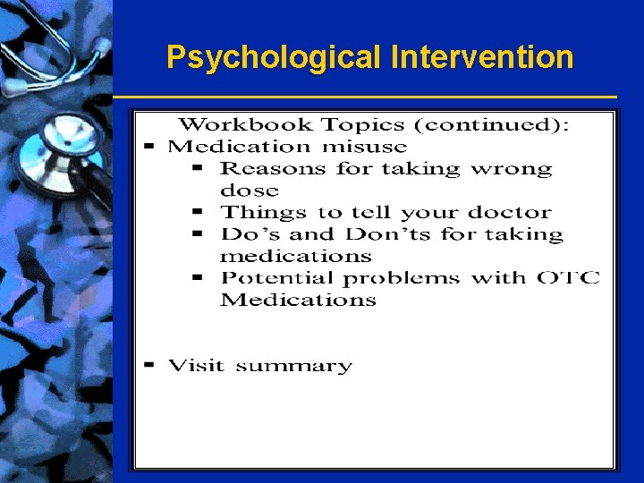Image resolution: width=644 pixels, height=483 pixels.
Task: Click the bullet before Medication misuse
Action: pyautogui.click(x=149, y=146)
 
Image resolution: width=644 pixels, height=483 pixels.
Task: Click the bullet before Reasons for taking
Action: pyautogui.click(x=200, y=168)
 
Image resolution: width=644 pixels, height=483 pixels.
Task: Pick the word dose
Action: pyautogui.click(x=250, y=191)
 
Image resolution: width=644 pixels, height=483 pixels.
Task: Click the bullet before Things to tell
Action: pyautogui.click(x=200, y=212)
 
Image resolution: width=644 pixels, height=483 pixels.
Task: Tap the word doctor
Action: pyautogui.click(x=510, y=213)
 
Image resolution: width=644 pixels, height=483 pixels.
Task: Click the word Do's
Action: pyautogui.click(x=243, y=234)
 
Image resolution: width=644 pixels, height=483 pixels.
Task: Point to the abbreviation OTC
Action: pyautogui.click(x=568, y=278)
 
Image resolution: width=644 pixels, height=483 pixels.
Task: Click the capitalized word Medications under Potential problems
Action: pyautogui.click(x=298, y=301)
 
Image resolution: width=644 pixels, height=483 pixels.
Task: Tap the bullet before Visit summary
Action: pyautogui.click(x=149, y=365)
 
